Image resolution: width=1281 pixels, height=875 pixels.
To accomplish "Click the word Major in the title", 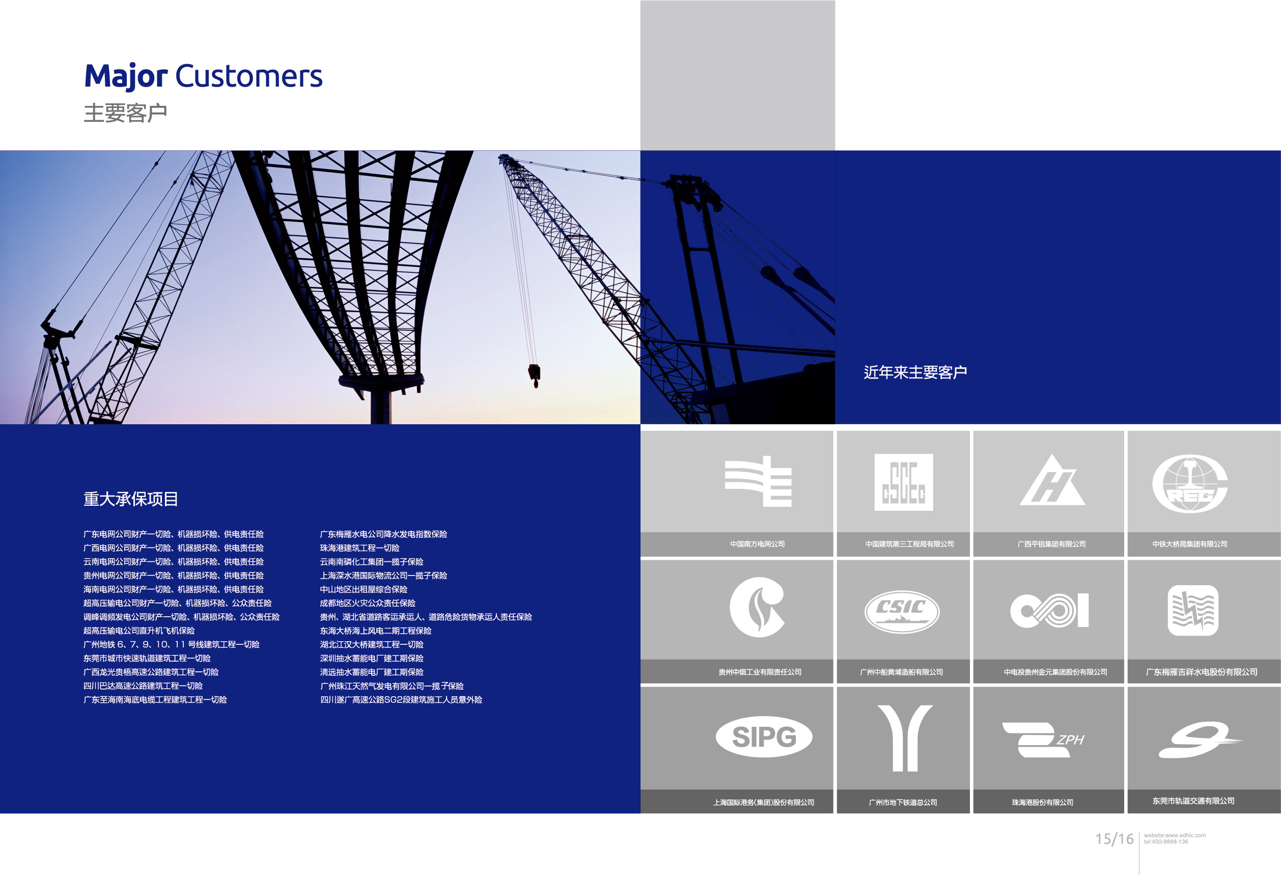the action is (126, 76).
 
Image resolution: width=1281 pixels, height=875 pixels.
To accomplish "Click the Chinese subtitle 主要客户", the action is (125, 113).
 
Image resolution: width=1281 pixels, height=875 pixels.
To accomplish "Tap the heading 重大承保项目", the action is (131, 499).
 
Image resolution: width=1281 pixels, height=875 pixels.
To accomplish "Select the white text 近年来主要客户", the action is (915, 373).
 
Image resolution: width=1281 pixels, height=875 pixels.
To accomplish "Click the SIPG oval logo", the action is (764, 736).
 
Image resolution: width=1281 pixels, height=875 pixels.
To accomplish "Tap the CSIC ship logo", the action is (902, 611).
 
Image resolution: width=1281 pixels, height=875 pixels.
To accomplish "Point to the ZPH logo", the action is (1043, 740).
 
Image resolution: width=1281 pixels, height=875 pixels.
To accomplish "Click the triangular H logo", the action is (1052, 480).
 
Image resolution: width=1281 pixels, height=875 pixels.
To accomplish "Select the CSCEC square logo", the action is (903, 482).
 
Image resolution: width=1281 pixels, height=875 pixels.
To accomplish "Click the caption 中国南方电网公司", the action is (758, 544).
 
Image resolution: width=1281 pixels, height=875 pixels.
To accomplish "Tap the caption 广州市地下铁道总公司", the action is (903, 802).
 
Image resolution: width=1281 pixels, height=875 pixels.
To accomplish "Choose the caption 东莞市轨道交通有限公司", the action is (1193, 801).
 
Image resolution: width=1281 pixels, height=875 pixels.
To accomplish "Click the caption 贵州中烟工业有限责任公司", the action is (760, 672).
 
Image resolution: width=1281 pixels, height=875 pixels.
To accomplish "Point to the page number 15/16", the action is (1114, 839).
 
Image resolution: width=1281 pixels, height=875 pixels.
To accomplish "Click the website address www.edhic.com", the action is (1175, 835).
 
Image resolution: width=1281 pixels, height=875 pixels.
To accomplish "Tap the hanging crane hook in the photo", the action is (534, 375).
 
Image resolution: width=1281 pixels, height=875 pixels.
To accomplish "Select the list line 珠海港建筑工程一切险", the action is (359, 548).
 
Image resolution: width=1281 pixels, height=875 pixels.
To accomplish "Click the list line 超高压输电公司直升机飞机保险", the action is (139, 631).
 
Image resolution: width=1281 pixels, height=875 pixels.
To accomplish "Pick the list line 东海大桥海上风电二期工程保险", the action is (375, 631).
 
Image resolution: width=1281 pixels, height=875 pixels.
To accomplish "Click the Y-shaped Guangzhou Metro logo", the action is (905, 737).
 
